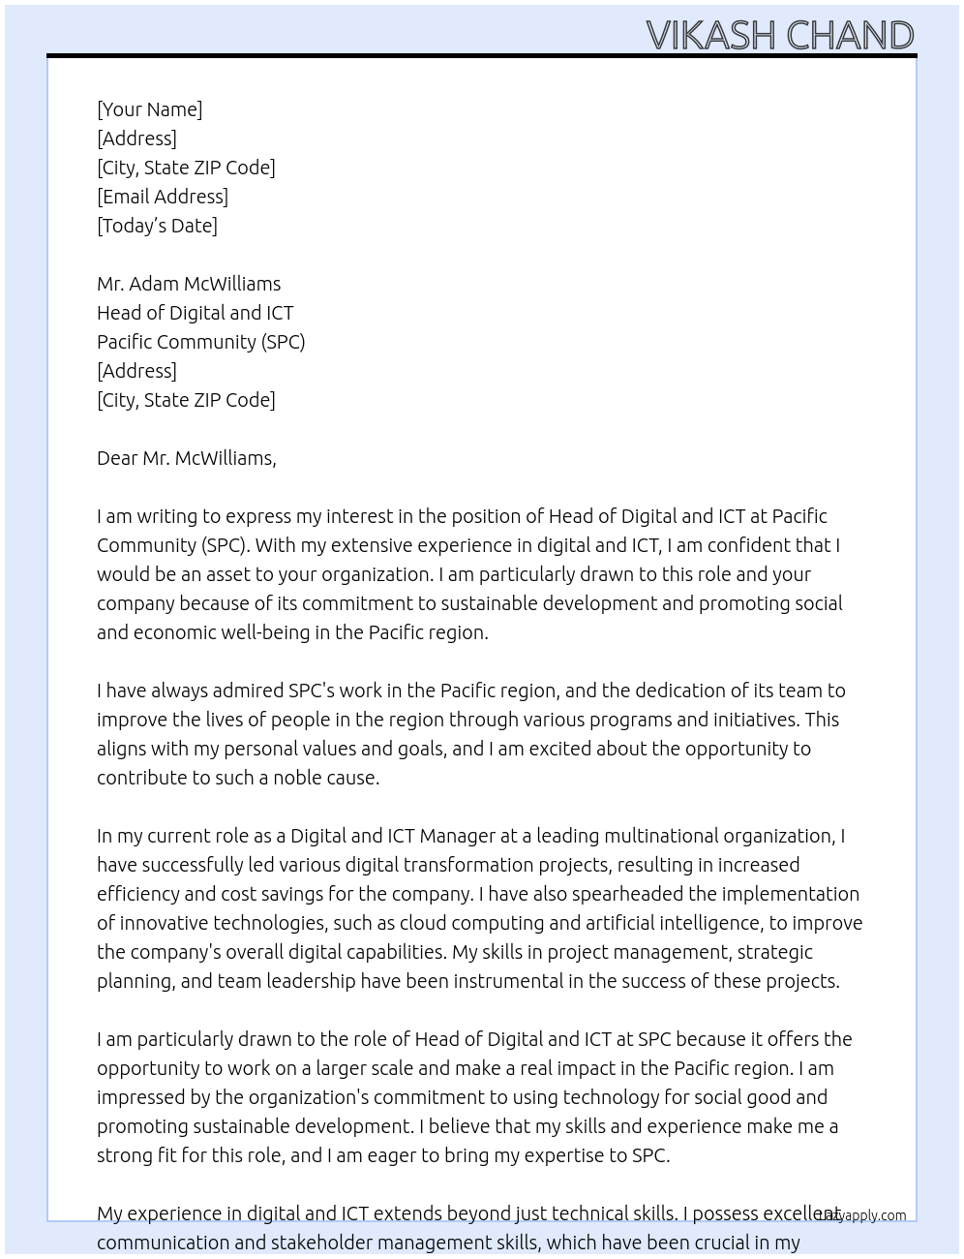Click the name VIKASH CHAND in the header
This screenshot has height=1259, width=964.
(x=779, y=36)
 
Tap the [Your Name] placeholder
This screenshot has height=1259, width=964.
(x=149, y=109)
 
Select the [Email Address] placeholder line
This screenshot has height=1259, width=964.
(x=163, y=197)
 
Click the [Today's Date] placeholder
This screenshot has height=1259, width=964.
(x=157, y=226)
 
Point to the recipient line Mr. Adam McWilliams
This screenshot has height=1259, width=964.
(x=189, y=284)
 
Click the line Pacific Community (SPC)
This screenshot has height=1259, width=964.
(x=200, y=342)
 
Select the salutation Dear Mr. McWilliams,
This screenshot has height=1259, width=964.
(x=186, y=458)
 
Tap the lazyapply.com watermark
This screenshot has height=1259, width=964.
(x=861, y=1215)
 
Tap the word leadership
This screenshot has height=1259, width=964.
(x=311, y=981)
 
